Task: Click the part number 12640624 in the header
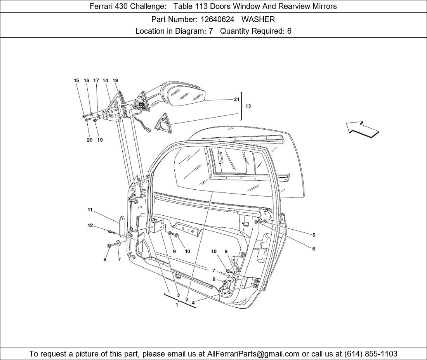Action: point(217,19)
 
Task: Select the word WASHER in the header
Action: point(258,19)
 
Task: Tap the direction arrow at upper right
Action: point(362,129)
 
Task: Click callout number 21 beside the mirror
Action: point(236,99)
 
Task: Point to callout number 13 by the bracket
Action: point(248,106)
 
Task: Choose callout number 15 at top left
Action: point(76,81)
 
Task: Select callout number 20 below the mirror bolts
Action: point(90,140)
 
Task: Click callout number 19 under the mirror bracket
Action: point(100,140)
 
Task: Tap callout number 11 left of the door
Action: point(90,210)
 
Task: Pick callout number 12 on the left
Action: point(90,225)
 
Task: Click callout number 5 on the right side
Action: point(314,235)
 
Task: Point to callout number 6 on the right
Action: point(314,249)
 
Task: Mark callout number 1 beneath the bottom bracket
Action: point(177,305)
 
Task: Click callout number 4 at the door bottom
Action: point(193,302)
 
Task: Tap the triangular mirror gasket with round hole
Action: point(163,124)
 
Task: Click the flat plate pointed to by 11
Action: point(122,227)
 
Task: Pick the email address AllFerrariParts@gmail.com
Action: point(253,354)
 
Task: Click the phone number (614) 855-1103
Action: point(371,354)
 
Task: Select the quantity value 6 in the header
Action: point(289,31)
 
